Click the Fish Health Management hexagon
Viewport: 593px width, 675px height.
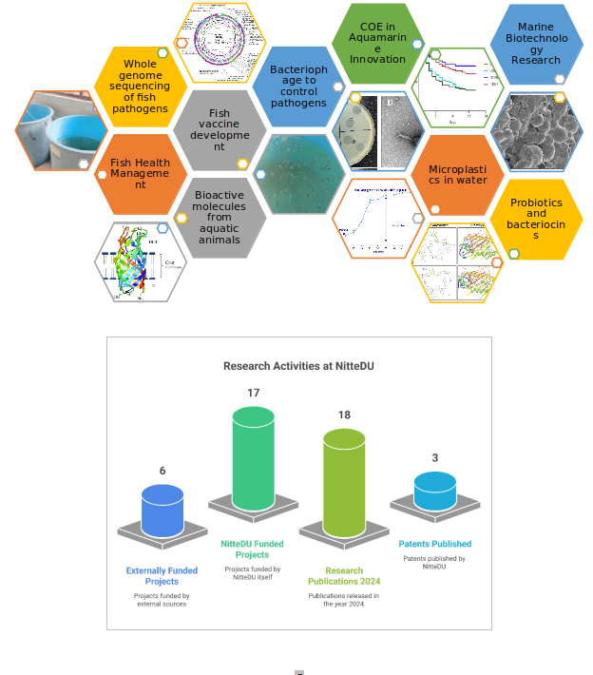pyautogui.click(x=140, y=174)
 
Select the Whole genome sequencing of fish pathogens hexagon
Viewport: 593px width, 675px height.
pyautogui.click(x=140, y=86)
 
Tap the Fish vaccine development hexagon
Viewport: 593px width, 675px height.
pyautogui.click(x=220, y=130)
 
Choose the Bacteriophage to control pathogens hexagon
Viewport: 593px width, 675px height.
pyautogui.click(x=298, y=86)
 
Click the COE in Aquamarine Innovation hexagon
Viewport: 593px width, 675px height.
pyautogui.click(x=377, y=43)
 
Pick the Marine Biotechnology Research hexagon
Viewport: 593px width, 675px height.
pyautogui.click(x=536, y=44)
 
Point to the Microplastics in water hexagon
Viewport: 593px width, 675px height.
pyautogui.click(x=457, y=174)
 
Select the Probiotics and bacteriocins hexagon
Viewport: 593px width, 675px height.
pyautogui.click(x=536, y=219)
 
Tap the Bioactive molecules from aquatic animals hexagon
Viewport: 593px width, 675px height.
pyautogui.click(x=220, y=218)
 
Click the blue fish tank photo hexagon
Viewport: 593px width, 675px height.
pyautogui.click(x=60, y=130)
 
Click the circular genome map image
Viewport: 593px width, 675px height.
pyautogui.click(x=219, y=43)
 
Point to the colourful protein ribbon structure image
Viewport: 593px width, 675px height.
pyautogui.click(x=140, y=262)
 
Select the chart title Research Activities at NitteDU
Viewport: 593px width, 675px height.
pyautogui.click(x=298, y=365)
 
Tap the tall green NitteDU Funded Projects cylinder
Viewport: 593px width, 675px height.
pyautogui.click(x=254, y=458)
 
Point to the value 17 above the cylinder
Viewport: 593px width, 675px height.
pyautogui.click(x=254, y=393)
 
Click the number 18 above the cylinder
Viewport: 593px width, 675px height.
pyautogui.click(x=344, y=415)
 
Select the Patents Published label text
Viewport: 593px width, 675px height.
pyautogui.click(x=435, y=544)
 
